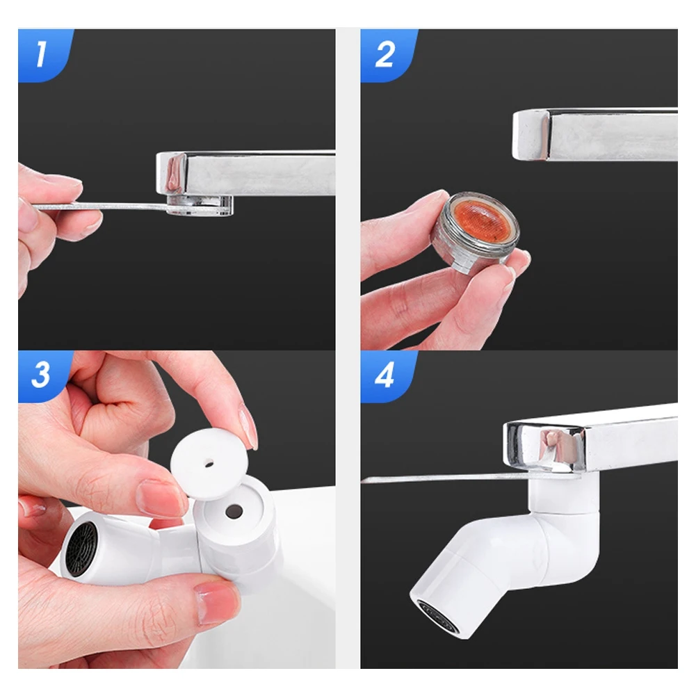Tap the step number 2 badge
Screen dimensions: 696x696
(384, 54)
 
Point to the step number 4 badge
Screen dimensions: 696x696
(384, 375)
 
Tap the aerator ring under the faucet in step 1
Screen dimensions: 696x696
(202, 204)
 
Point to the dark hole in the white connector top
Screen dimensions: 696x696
(235, 511)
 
